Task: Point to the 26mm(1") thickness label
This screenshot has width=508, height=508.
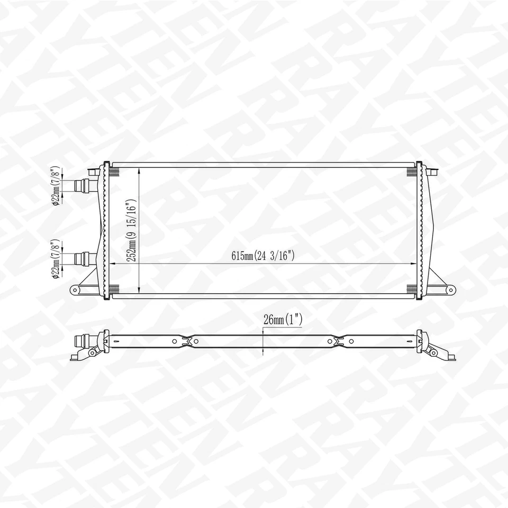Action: [x=282, y=320]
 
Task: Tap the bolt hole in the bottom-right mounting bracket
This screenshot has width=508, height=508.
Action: [x=450, y=289]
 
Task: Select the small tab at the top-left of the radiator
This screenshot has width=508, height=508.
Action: [x=94, y=170]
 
